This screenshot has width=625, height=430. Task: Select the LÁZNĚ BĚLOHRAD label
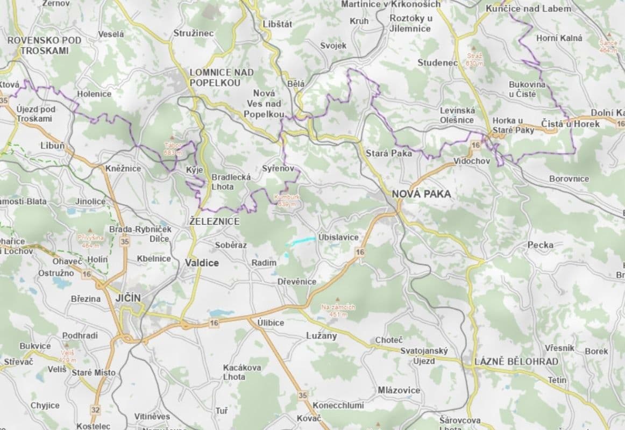coord(516,362)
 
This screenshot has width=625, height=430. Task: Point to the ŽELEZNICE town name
coord(214,221)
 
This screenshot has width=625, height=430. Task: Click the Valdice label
coord(202,263)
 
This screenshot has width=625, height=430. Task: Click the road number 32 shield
coord(95,410)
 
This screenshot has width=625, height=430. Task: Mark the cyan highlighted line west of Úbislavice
coord(301,241)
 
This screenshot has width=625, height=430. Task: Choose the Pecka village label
coord(540,245)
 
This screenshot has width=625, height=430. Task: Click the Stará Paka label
coord(388,153)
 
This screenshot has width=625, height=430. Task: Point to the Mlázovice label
coord(399,390)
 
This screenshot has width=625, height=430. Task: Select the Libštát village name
coord(277,24)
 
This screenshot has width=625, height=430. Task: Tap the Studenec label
coord(437,63)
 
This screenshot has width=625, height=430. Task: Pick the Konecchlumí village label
coord(338,405)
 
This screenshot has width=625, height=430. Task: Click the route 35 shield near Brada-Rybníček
coord(125,241)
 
